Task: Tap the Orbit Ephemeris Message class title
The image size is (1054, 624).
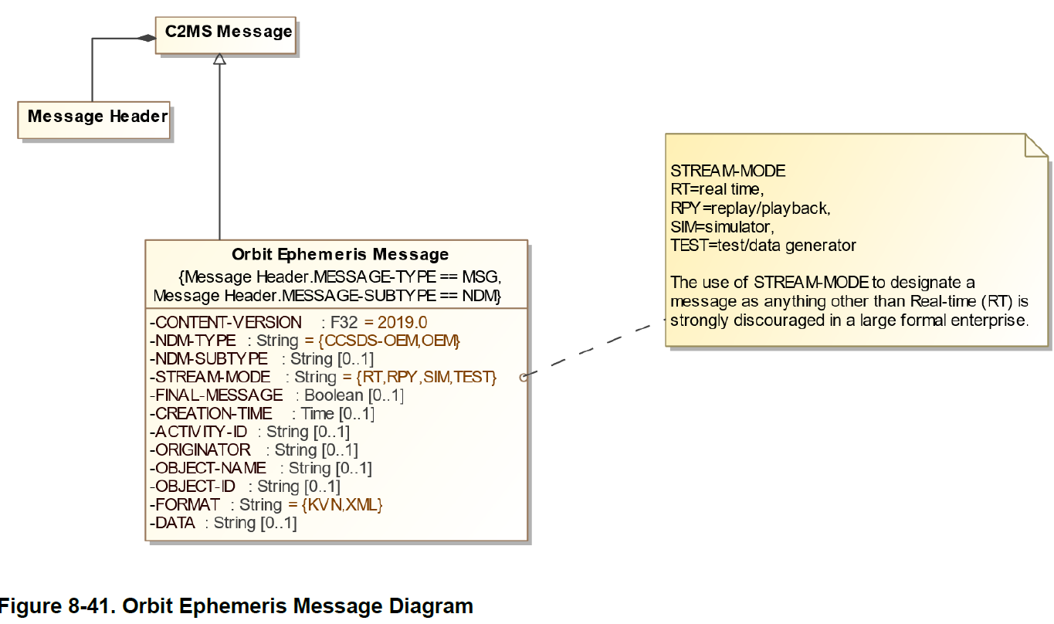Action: point(340,254)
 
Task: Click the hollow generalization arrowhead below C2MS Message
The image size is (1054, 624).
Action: point(220,59)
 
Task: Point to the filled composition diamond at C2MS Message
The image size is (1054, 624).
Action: point(147,38)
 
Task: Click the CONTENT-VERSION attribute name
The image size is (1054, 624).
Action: point(229,322)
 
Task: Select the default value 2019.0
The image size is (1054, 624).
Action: point(402,322)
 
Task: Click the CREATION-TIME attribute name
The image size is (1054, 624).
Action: point(214,414)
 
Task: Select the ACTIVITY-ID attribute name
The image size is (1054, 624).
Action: point(201,432)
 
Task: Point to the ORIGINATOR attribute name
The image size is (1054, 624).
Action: point(203,450)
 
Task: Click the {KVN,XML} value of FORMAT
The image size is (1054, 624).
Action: point(342,505)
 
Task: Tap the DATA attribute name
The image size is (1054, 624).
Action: point(177,523)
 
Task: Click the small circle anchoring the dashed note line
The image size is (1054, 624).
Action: point(524,378)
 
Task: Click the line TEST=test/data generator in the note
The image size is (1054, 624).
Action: point(763,246)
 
